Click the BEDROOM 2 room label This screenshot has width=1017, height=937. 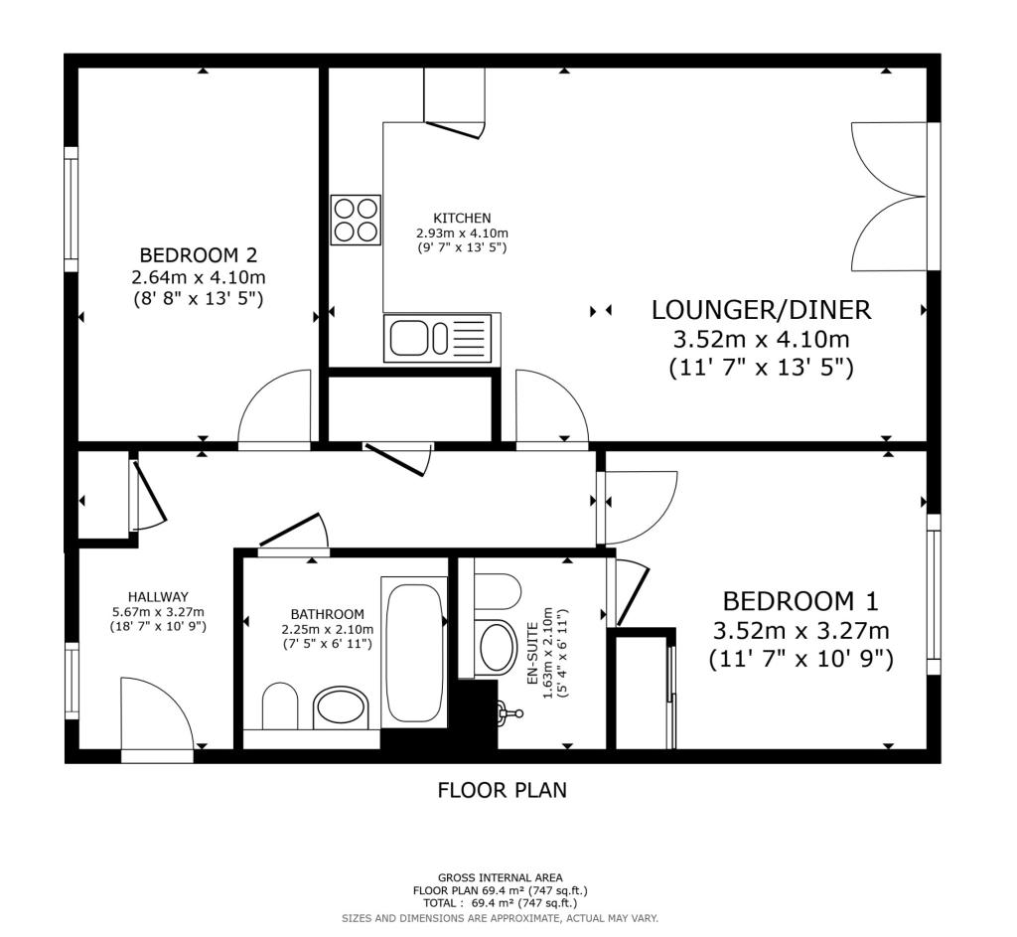coord(199,253)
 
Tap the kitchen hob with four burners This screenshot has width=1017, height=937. coord(356,220)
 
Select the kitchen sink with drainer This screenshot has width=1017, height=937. coord(438,338)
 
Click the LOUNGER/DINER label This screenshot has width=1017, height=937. coord(761,310)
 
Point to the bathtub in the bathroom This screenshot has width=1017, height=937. coord(415,652)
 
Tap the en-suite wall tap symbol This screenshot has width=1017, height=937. coord(510,713)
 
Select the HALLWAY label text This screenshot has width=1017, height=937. coord(158,597)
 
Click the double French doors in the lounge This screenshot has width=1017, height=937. coord(891,196)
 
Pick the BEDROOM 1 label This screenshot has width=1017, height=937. coord(800,601)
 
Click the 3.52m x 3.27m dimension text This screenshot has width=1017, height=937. coord(801,631)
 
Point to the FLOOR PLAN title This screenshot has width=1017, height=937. coord(502,790)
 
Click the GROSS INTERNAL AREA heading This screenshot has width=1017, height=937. coord(501,878)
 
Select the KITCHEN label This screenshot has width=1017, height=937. coord(462,218)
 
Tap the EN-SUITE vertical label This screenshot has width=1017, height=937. coord(532,654)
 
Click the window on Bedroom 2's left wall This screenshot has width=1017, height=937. coord(72,210)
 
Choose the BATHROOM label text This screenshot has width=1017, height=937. coord(328,614)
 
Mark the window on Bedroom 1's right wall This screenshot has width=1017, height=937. coord(934,594)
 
